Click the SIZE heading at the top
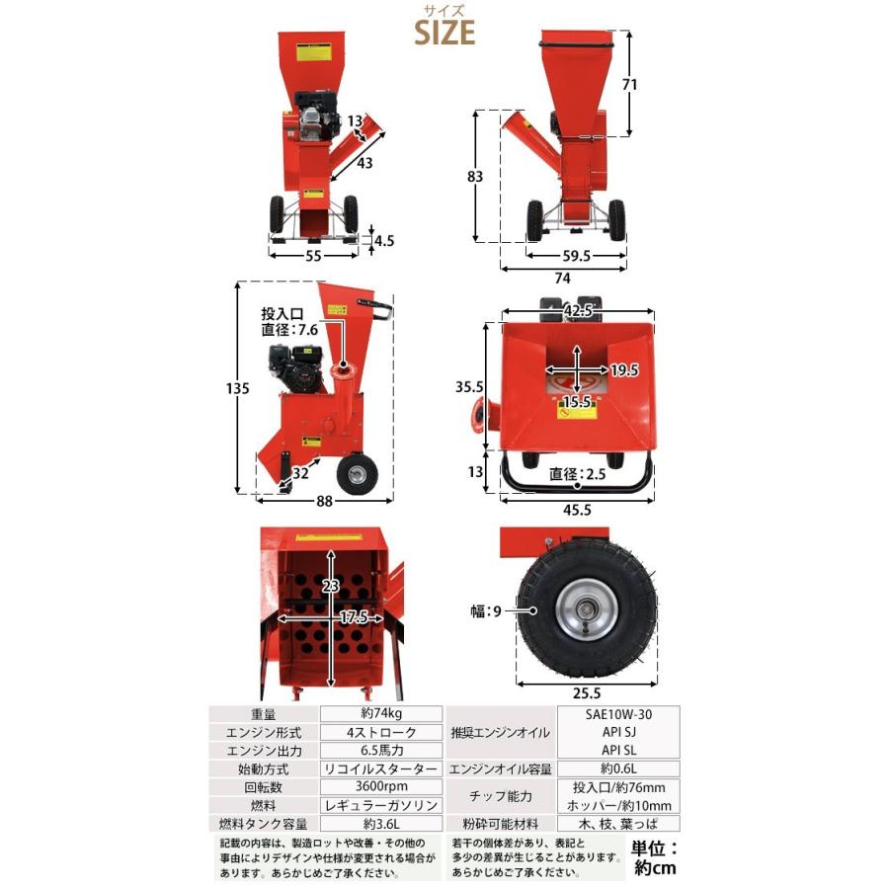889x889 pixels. (x=444, y=32)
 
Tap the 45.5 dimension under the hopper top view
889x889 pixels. (x=579, y=511)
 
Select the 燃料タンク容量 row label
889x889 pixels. (x=265, y=824)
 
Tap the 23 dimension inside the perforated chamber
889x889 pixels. (x=330, y=588)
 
